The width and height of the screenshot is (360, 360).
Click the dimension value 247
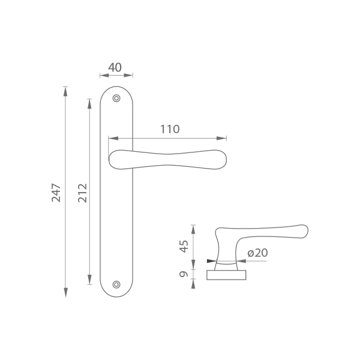pyautogui.click(x=56, y=193)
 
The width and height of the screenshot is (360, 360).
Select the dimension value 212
pyautogui.click(x=82, y=193)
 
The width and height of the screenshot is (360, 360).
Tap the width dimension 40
pyautogui.click(x=115, y=67)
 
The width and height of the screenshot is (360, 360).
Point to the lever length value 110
pyautogui.click(x=170, y=129)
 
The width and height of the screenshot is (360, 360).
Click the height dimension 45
pyautogui.click(x=184, y=247)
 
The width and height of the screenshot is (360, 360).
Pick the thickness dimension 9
pyautogui.click(x=184, y=274)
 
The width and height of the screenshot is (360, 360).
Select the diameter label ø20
pyautogui.click(x=257, y=253)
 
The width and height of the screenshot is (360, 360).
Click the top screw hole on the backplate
pyautogui.click(x=116, y=98)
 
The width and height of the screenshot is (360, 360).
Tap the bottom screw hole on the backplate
pyautogui.click(x=116, y=284)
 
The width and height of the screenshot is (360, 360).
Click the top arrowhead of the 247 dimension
pyautogui.click(x=65, y=91)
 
